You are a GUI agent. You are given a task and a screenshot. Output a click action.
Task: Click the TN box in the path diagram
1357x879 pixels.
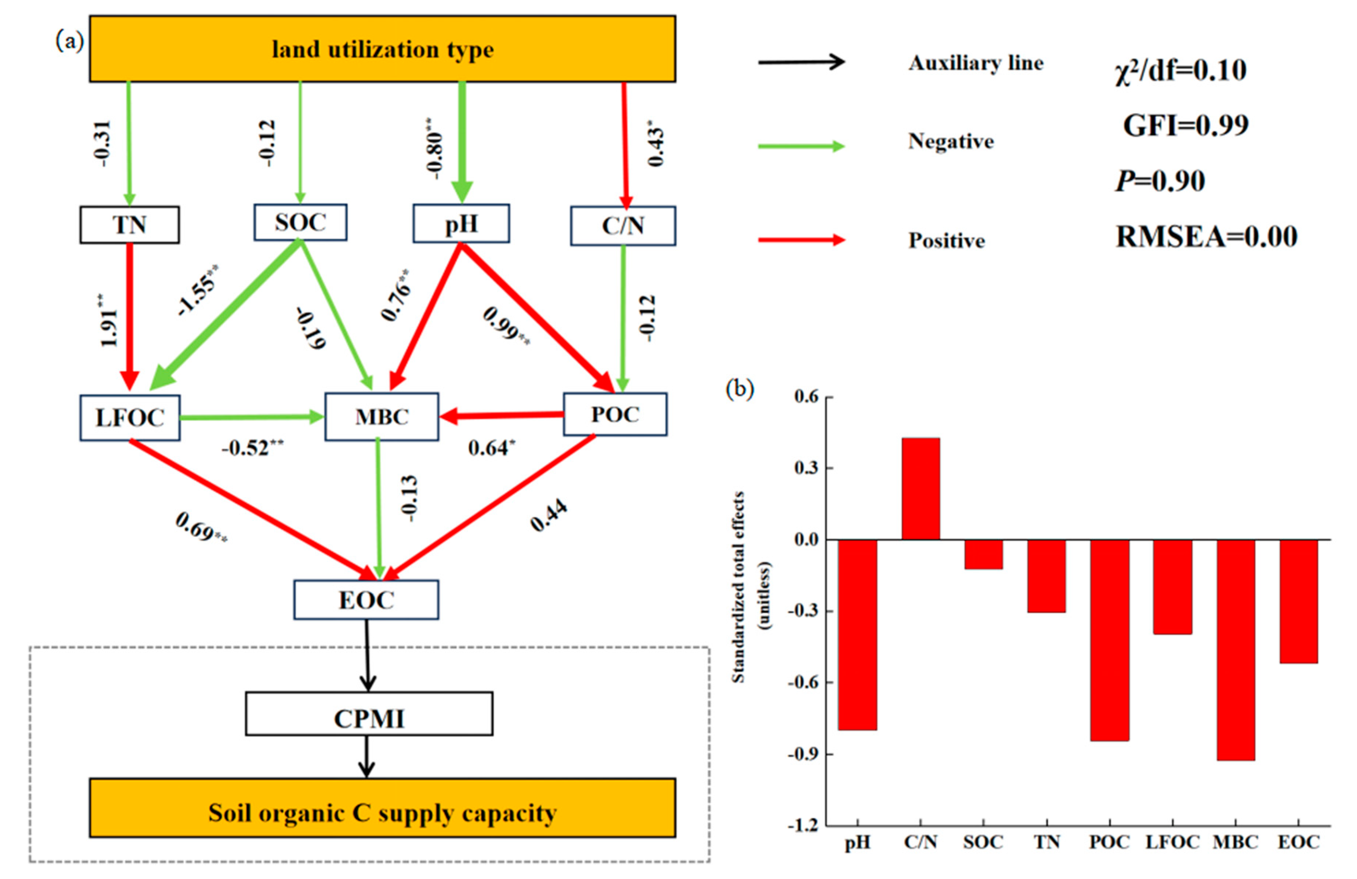click(x=130, y=225)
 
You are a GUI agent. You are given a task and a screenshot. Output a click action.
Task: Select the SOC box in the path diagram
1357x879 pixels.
click(x=300, y=222)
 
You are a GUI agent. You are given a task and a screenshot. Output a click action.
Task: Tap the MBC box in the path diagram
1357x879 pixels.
click(x=382, y=417)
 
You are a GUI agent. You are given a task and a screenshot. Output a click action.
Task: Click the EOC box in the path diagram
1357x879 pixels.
click(x=366, y=599)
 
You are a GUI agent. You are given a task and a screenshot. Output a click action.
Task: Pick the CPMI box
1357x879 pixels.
click(x=369, y=713)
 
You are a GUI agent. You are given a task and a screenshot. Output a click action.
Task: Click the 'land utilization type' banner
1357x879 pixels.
click(x=383, y=49)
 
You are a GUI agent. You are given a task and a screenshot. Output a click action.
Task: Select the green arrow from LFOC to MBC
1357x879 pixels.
click(x=252, y=418)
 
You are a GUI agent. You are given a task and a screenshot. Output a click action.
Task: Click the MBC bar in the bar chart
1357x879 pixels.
click(x=1236, y=649)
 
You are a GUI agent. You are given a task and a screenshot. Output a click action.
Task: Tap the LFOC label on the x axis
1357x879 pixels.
click(x=1172, y=842)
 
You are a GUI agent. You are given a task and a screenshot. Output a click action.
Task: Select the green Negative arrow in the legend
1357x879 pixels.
click(x=801, y=146)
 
